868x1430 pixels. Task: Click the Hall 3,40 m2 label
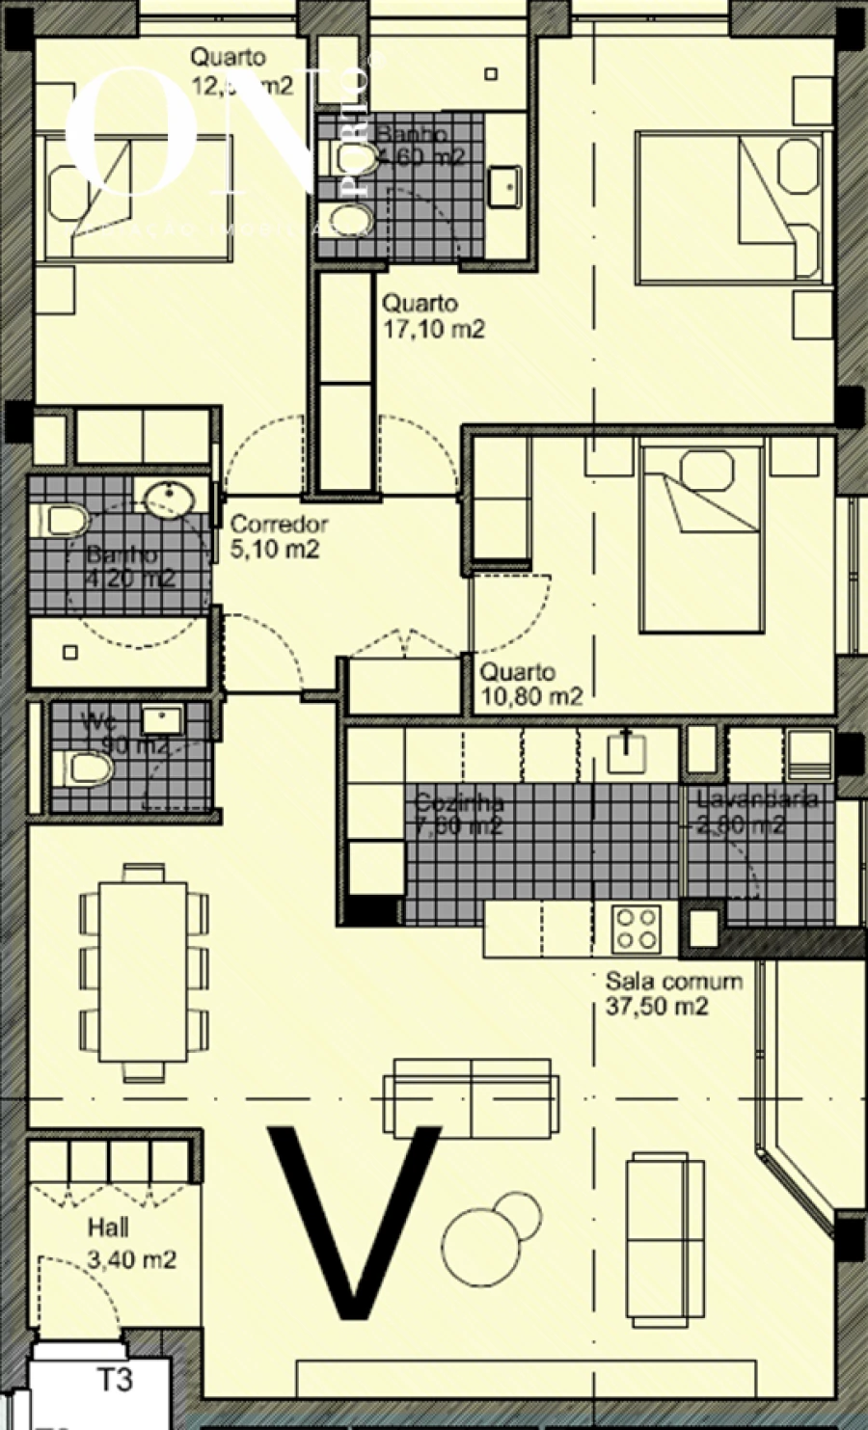(131, 1244)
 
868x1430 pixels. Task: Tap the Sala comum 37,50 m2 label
(673, 994)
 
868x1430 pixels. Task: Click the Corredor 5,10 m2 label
(279, 537)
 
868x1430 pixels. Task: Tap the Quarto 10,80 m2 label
(530, 684)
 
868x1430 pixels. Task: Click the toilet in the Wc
(85, 769)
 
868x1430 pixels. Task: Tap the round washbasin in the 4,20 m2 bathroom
(170, 497)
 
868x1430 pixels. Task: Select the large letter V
(354, 1220)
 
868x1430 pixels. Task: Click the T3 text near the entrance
(114, 1381)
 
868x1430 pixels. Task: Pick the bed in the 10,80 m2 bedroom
(703, 537)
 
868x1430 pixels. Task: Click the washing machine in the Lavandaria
(808, 753)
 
